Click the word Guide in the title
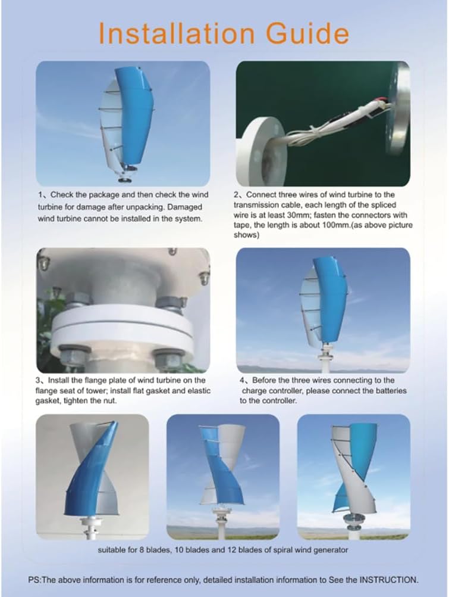point(309,33)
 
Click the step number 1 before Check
point(39,195)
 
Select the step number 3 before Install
point(39,380)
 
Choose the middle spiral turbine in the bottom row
point(222,474)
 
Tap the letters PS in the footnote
point(34,579)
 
